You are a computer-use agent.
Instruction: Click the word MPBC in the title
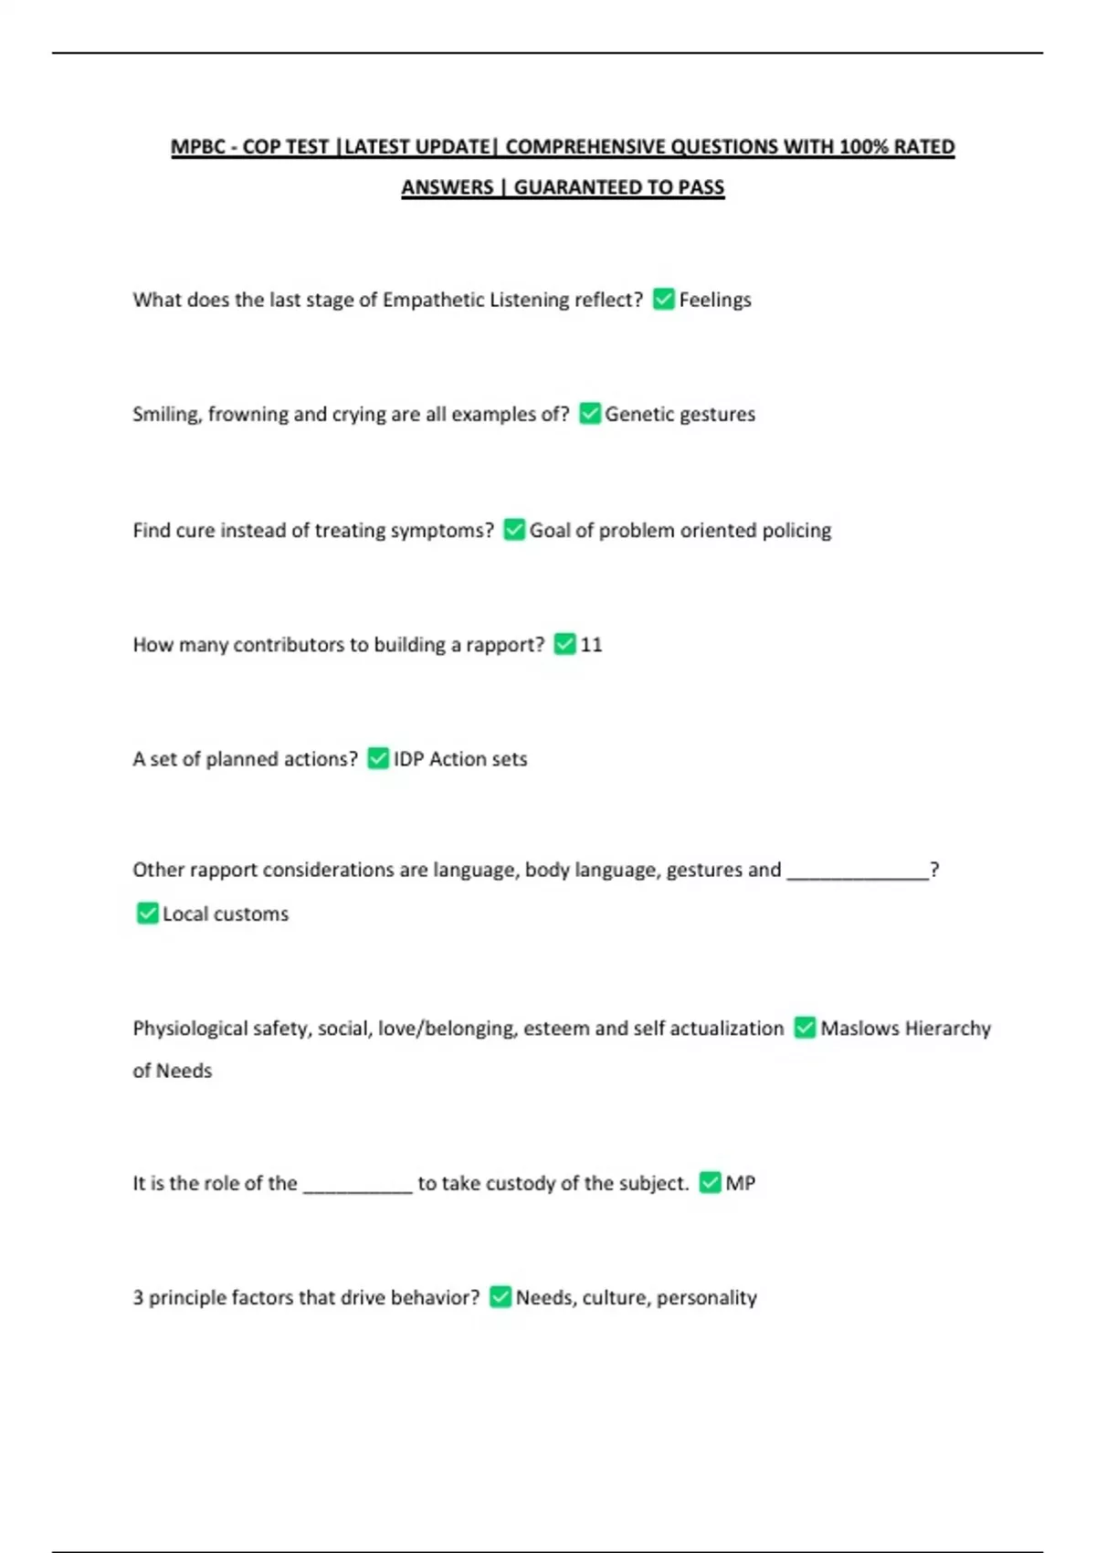click(197, 147)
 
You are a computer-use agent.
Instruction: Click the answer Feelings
click(715, 300)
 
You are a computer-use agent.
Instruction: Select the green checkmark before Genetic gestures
click(590, 414)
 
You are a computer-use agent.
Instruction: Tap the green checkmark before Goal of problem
click(514, 530)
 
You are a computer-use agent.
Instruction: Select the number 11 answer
click(591, 645)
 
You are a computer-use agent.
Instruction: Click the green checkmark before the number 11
click(565, 644)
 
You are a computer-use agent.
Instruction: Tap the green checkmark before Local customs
click(147, 914)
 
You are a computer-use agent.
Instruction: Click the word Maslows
click(859, 1029)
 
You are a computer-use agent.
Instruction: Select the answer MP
click(740, 1183)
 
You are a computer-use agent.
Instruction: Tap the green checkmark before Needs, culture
click(501, 1297)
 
